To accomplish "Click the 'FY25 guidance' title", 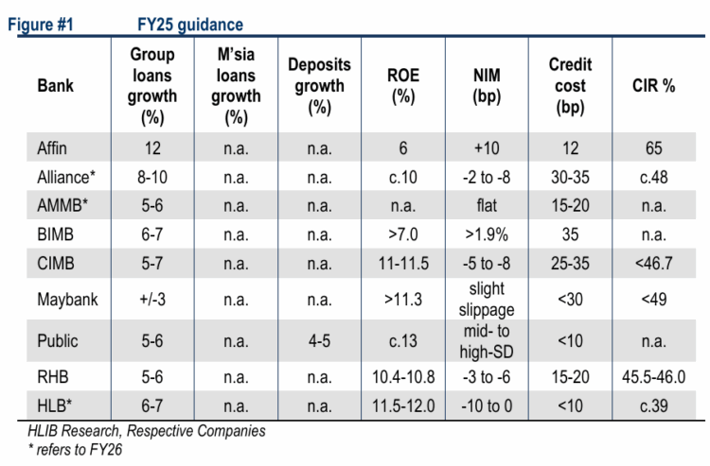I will pyautogui.click(x=189, y=24).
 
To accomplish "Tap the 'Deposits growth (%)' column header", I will pyautogui.click(x=319, y=86).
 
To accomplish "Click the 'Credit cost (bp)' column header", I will pyautogui.click(x=570, y=86).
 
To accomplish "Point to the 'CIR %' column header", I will pyautogui.click(x=653, y=86).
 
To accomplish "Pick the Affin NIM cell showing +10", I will pyautogui.click(x=490, y=148).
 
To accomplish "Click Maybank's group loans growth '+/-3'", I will pyautogui.click(x=152, y=302).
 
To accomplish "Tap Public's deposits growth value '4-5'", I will pyautogui.click(x=319, y=341).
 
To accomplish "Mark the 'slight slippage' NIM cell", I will pyautogui.click(x=490, y=302).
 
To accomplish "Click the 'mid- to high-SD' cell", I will pyautogui.click(x=490, y=341).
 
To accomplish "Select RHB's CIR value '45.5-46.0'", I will pyautogui.click(x=653, y=374).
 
